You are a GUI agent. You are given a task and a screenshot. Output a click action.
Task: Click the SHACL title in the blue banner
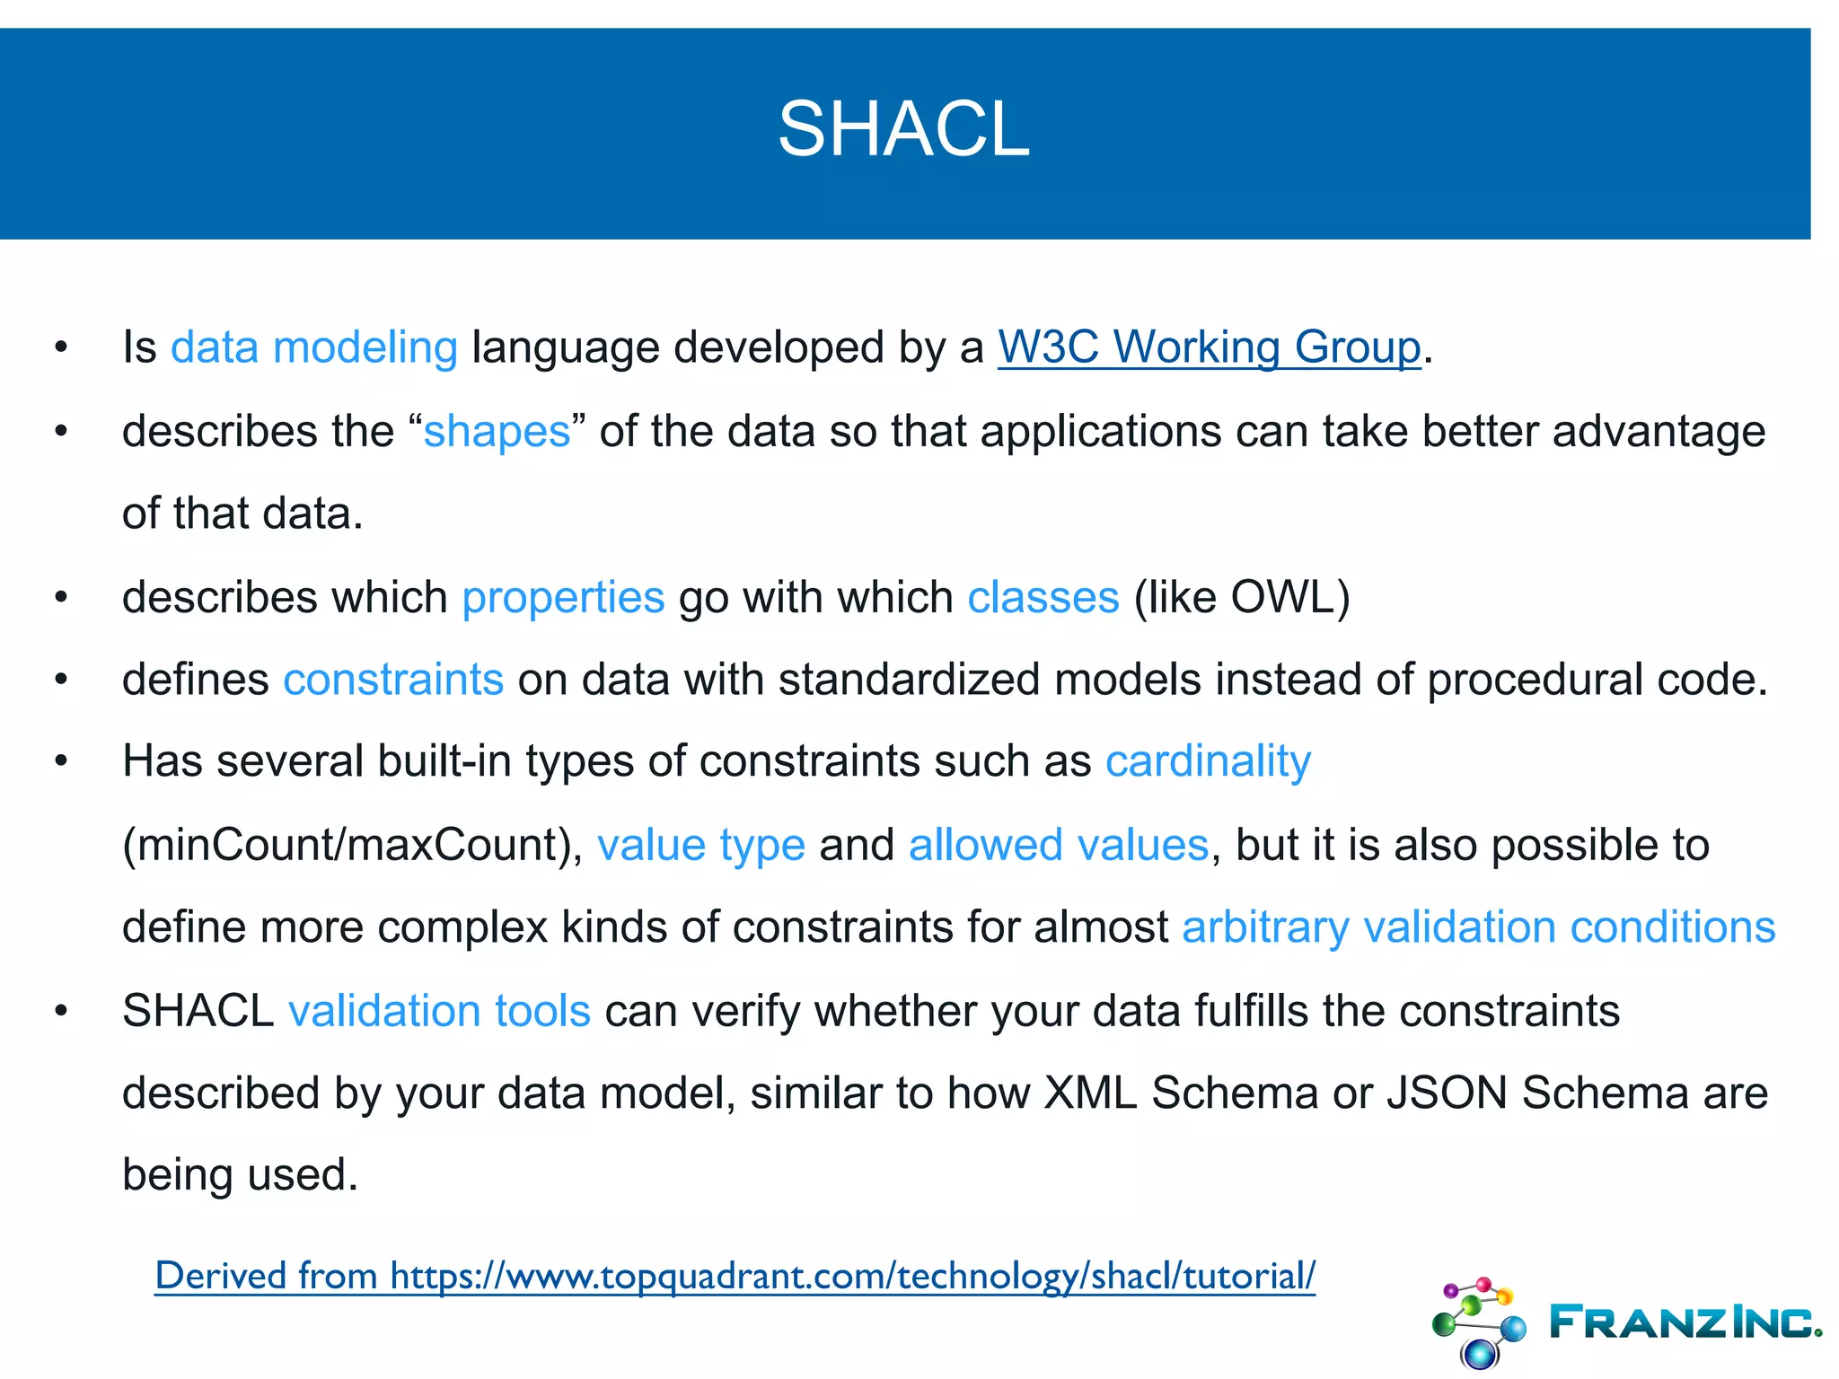(903, 129)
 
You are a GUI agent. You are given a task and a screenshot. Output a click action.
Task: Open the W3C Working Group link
(1209, 347)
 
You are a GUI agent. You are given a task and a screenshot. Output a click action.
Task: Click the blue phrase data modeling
(314, 347)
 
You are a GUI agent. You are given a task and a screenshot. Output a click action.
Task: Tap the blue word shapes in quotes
(497, 432)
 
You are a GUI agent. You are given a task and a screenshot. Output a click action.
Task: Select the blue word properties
(563, 598)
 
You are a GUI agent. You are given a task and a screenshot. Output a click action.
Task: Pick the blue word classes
(1043, 598)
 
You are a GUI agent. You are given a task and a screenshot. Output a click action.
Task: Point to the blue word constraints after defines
(393, 680)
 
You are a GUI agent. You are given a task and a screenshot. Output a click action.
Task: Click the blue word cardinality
(1208, 762)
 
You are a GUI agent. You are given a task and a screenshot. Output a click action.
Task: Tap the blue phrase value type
(701, 846)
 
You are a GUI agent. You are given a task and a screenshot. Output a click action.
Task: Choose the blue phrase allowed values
(1059, 846)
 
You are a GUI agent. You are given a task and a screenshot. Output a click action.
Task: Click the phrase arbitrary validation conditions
(1478, 927)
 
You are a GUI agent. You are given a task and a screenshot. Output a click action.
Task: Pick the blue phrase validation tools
(439, 1012)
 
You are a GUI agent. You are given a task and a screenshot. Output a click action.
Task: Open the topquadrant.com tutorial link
(735, 1276)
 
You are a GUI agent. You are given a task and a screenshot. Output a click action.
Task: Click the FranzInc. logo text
(1685, 1322)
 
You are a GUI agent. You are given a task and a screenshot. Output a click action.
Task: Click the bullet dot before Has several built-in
(61, 761)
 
